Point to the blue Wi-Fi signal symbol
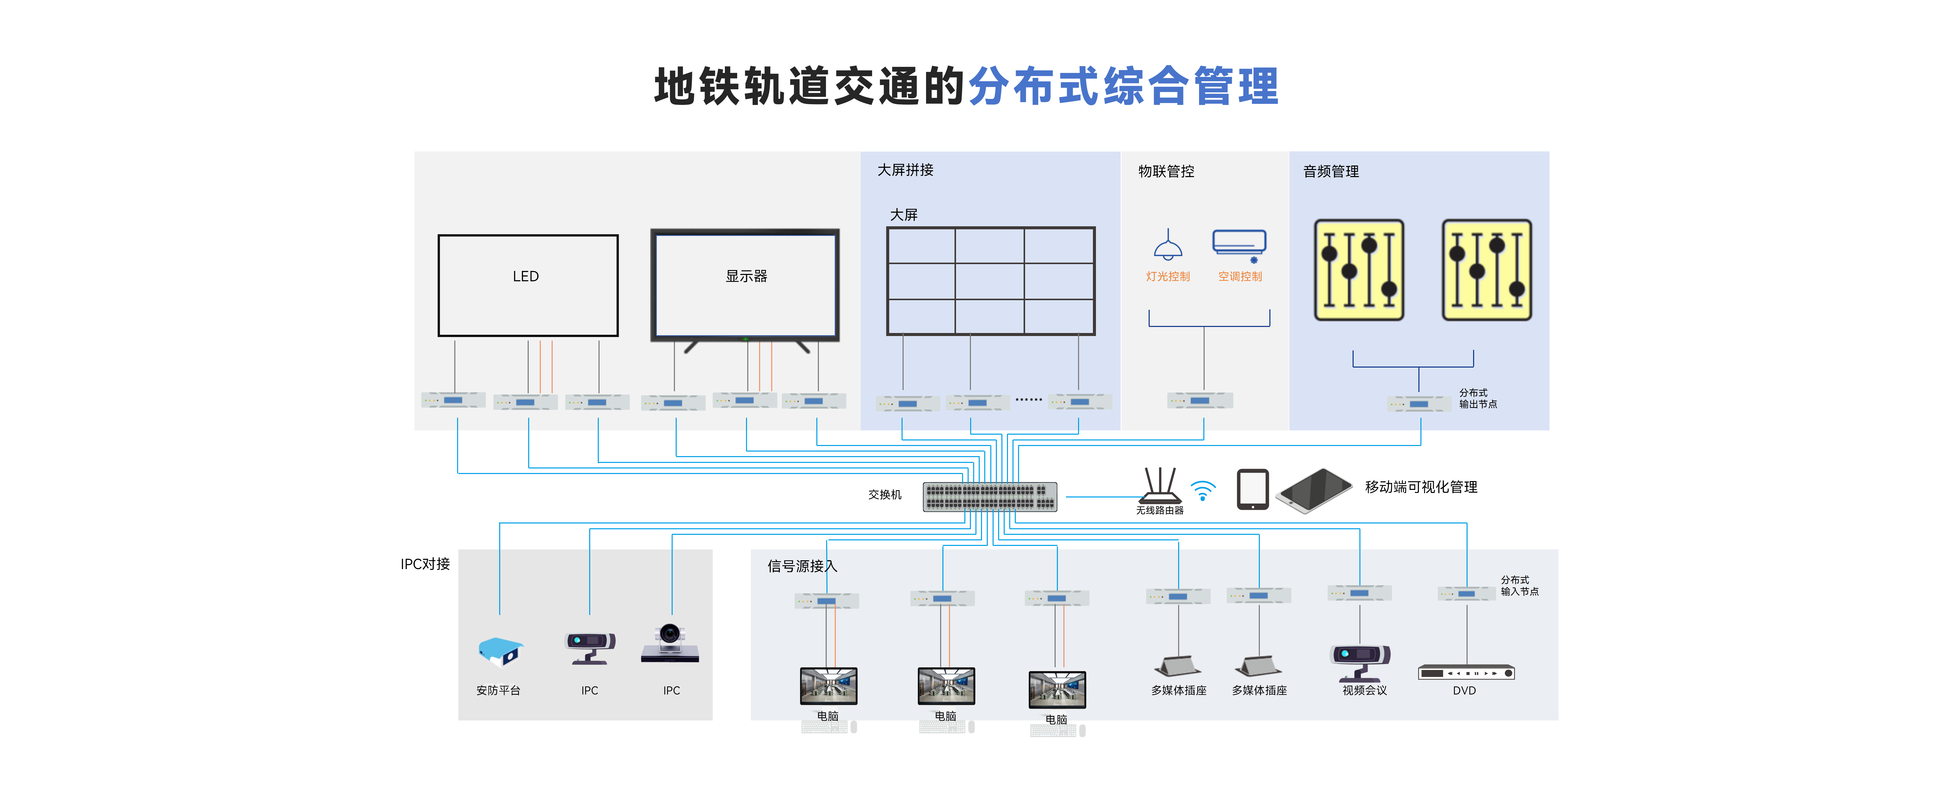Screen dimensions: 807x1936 coord(1203,491)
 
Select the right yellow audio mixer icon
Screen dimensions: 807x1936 coord(1486,270)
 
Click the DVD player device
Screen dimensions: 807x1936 coord(1466,672)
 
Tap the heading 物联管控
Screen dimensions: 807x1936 coord(1166,172)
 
